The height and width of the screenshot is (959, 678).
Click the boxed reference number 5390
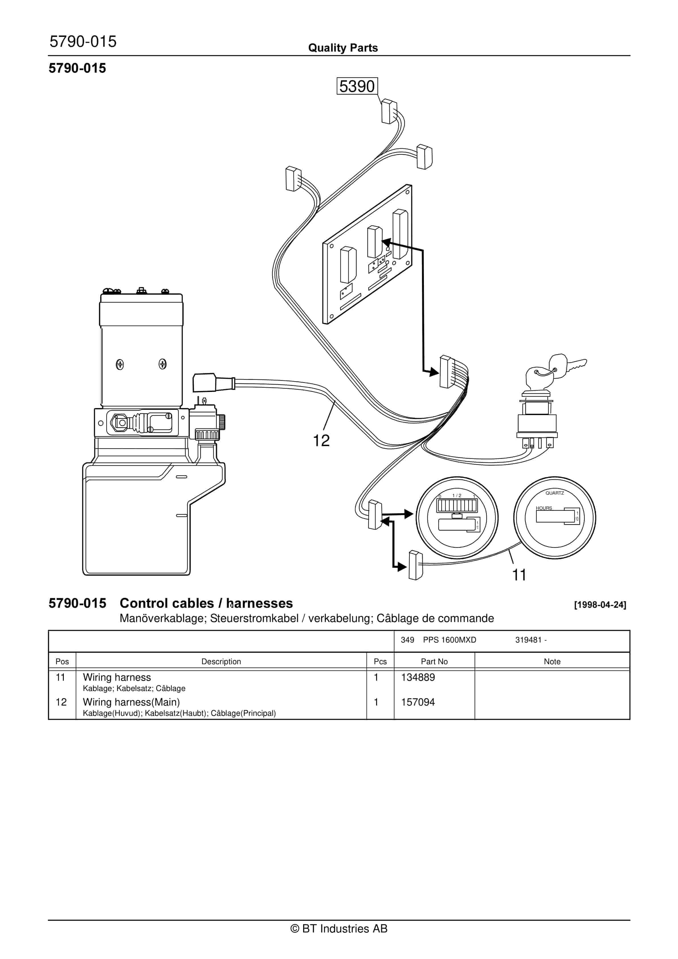pyautogui.click(x=357, y=86)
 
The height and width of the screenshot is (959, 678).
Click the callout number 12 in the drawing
pyautogui.click(x=321, y=440)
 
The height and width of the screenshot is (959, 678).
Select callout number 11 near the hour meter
pyautogui.click(x=519, y=575)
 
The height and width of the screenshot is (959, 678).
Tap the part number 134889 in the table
pyautogui.click(x=418, y=677)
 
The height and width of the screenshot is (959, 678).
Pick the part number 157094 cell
pyautogui.click(x=418, y=702)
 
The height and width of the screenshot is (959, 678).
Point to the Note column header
pyautogui.click(x=552, y=662)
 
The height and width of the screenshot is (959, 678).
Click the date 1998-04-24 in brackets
pyautogui.click(x=600, y=605)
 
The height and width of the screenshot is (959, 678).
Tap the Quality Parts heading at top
pyautogui.click(x=343, y=48)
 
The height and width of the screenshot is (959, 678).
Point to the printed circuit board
pyautogui.click(x=367, y=255)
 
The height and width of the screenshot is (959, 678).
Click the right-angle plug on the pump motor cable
pyautogui.click(x=203, y=382)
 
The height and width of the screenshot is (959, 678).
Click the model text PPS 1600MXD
pyautogui.click(x=449, y=640)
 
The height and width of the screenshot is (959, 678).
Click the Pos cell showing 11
pyautogui.click(x=60, y=677)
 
